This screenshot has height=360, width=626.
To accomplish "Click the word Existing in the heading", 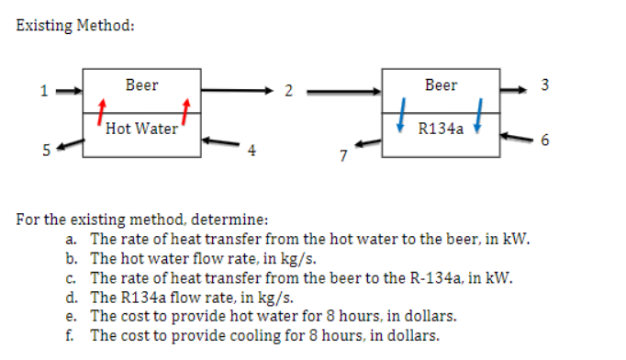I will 45,25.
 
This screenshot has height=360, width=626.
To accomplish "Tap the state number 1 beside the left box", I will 42,91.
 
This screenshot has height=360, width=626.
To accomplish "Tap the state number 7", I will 341,157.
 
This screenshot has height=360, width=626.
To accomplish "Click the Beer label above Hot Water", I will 141,85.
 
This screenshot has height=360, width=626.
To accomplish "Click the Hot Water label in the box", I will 141,129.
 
